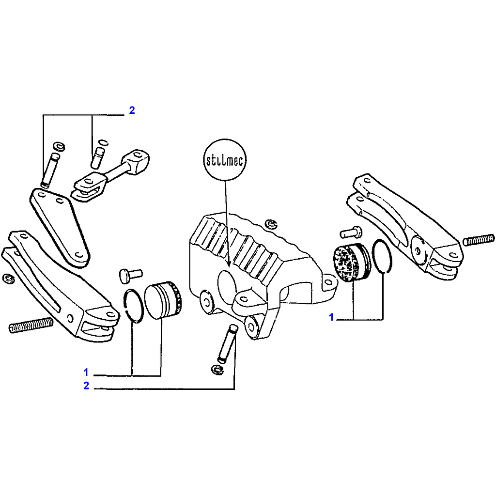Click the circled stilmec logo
tap(225, 160)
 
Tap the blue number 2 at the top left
tap(132, 110)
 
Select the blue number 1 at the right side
tap(331, 317)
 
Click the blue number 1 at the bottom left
tap(86, 372)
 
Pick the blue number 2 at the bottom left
tap(86, 386)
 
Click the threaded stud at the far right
tap(478, 239)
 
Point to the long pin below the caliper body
tap(228, 343)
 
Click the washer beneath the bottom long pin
tap(217, 369)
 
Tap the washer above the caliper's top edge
tap(271, 224)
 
